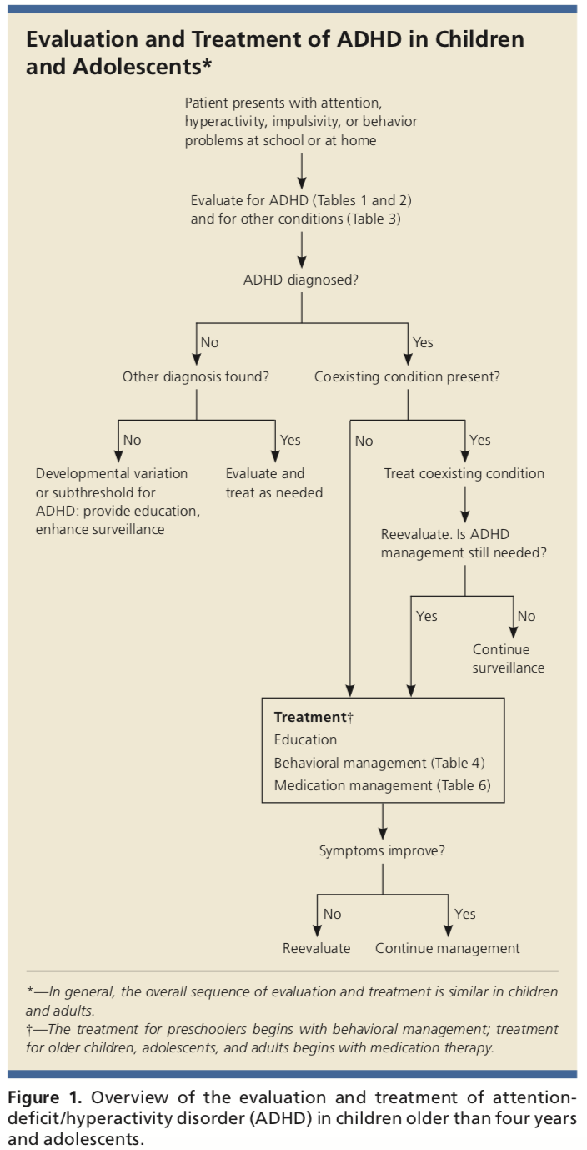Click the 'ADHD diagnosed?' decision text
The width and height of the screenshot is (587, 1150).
pyautogui.click(x=301, y=280)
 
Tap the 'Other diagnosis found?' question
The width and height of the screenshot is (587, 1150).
pyautogui.click(x=195, y=377)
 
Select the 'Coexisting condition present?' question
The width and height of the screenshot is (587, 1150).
pyautogui.click(x=407, y=377)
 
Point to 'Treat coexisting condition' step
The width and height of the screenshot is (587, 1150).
pyautogui.click(x=464, y=473)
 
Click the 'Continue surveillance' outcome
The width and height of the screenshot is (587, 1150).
pyautogui.click(x=509, y=658)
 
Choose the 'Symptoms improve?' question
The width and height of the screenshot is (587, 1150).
pyautogui.click(x=382, y=851)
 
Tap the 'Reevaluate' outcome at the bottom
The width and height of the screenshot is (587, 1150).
pyautogui.click(x=317, y=948)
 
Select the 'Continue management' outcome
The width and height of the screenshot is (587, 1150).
pyautogui.click(x=448, y=948)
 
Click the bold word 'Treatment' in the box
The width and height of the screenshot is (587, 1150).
pyautogui.click(x=310, y=717)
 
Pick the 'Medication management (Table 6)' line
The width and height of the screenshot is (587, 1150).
pyautogui.click(x=382, y=786)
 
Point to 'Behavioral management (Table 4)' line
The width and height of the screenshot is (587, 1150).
pyautogui.click(x=379, y=763)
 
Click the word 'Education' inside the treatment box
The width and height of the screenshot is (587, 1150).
pyautogui.click(x=305, y=739)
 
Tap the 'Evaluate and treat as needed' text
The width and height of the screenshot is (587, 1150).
pyautogui.click(x=274, y=483)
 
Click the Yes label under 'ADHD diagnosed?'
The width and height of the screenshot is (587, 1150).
pyautogui.click(x=423, y=342)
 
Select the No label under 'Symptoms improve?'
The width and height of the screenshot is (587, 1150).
pyautogui.click(x=332, y=915)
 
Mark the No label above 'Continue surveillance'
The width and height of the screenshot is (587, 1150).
pyautogui.click(x=526, y=616)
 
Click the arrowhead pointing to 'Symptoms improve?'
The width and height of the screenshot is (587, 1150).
pyautogui.click(x=382, y=833)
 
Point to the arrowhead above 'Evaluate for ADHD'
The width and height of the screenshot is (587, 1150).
pyautogui.click(x=302, y=183)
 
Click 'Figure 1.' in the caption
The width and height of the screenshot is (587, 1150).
pyautogui.click(x=45, y=1098)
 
